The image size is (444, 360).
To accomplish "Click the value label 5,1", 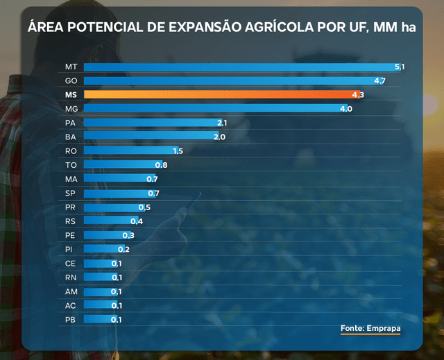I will coord(399,67).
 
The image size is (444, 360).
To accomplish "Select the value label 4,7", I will coord(379,80).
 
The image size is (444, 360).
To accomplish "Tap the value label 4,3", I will coord(358,94).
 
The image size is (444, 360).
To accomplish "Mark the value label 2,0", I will coord(219,137).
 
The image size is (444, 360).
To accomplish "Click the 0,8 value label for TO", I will coord(161,165).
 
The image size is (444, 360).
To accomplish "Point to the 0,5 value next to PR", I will coord(144,207).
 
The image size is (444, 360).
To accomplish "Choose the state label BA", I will coord(71,137).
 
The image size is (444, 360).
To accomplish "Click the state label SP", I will coord(70,193).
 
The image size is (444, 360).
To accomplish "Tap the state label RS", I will coord(70,221).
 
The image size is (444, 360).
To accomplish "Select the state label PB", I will coord(70,319).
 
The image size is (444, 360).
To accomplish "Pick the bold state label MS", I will coord(71,94).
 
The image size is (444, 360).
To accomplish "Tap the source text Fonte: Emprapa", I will coord(371,327).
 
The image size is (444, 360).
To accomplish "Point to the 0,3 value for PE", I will coord(128,235).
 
